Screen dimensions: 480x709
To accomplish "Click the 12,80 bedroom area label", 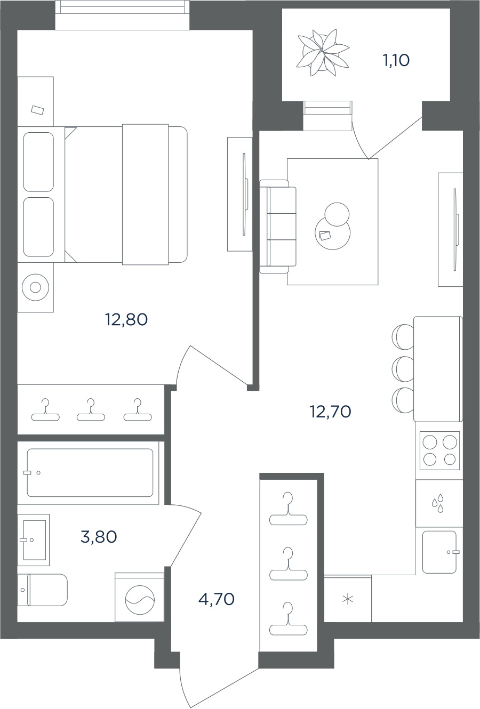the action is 126,320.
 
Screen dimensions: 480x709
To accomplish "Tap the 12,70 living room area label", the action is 331,412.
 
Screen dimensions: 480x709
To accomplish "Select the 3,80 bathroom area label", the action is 99,537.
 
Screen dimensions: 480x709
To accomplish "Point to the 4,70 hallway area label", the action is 217,599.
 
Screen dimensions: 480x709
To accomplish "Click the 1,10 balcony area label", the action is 397,60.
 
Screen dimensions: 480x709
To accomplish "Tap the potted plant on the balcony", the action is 322,53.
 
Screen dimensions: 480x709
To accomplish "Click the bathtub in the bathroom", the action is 90,472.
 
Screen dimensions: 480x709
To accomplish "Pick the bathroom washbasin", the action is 34,540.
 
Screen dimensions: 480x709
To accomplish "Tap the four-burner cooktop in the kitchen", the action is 439,450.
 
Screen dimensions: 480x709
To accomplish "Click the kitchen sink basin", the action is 439,552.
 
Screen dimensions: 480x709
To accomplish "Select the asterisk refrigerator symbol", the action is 348,599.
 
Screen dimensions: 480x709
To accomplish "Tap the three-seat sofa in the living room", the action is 278,227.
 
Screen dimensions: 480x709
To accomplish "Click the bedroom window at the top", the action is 123,15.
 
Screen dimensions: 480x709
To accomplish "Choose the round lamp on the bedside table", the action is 35,287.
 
